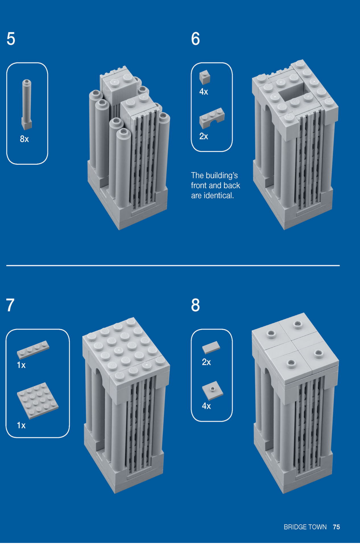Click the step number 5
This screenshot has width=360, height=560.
tap(11, 39)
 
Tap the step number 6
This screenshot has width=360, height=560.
tap(195, 39)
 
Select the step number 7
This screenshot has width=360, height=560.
tap(10, 305)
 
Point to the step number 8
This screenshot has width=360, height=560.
tap(195, 305)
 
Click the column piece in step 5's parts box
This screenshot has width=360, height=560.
tap(26, 105)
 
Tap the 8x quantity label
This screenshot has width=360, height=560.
tap(24, 139)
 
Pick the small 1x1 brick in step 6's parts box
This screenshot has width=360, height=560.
tap(205, 77)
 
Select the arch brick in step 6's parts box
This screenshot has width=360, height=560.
tap(212, 118)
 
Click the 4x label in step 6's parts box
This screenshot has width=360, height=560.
tap(204, 92)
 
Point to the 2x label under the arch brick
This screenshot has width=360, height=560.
tap(204, 136)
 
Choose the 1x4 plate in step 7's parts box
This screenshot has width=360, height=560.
tap(33, 350)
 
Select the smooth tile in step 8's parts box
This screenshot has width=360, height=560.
tap(211, 347)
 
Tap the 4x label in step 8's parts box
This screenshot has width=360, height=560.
tap(206, 406)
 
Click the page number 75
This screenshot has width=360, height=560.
tap(336, 527)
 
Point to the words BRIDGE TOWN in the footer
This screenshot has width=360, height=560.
tap(305, 527)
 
